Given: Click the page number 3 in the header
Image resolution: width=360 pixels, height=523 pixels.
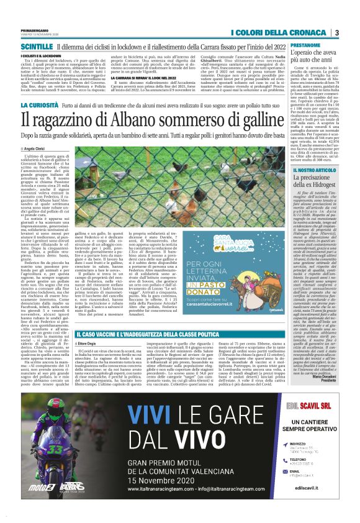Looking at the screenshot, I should coord(336,32).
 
